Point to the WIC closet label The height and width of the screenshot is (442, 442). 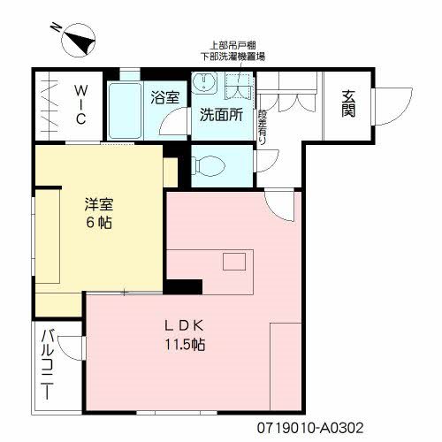(x=79, y=104)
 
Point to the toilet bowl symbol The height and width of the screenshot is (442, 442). (x=208, y=165)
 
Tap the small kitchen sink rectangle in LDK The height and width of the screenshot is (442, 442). (x=234, y=262)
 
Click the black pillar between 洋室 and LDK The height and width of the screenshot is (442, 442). (x=183, y=286)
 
